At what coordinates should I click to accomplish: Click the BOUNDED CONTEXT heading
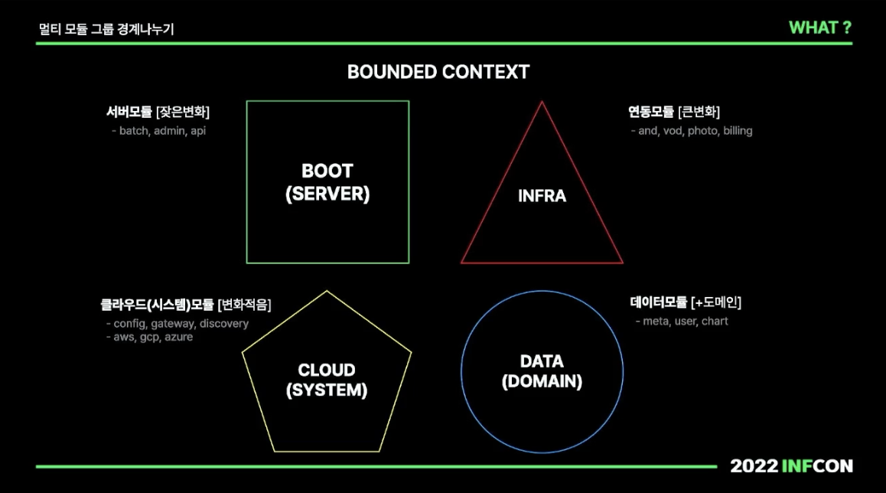[x=438, y=72]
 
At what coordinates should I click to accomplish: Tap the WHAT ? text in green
[x=820, y=28]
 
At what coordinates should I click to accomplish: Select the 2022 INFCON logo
[x=791, y=465]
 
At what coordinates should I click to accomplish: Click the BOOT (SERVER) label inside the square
[x=327, y=183]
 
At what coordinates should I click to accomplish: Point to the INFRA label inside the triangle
[x=542, y=196]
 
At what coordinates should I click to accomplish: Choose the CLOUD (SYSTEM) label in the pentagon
[x=327, y=380]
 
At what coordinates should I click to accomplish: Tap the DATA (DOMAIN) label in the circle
[x=542, y=371]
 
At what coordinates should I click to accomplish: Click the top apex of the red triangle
[x=542, y=102]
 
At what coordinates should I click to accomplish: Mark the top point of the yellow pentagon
[x=327, y=292]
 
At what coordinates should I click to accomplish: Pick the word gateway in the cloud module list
[x=172, y=324]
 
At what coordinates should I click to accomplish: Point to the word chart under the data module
[x=715, y=322]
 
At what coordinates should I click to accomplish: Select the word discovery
[x=224, y=324]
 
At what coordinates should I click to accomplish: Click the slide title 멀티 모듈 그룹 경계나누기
[x=106, y=30]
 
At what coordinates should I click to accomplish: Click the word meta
[x=656, y=322]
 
